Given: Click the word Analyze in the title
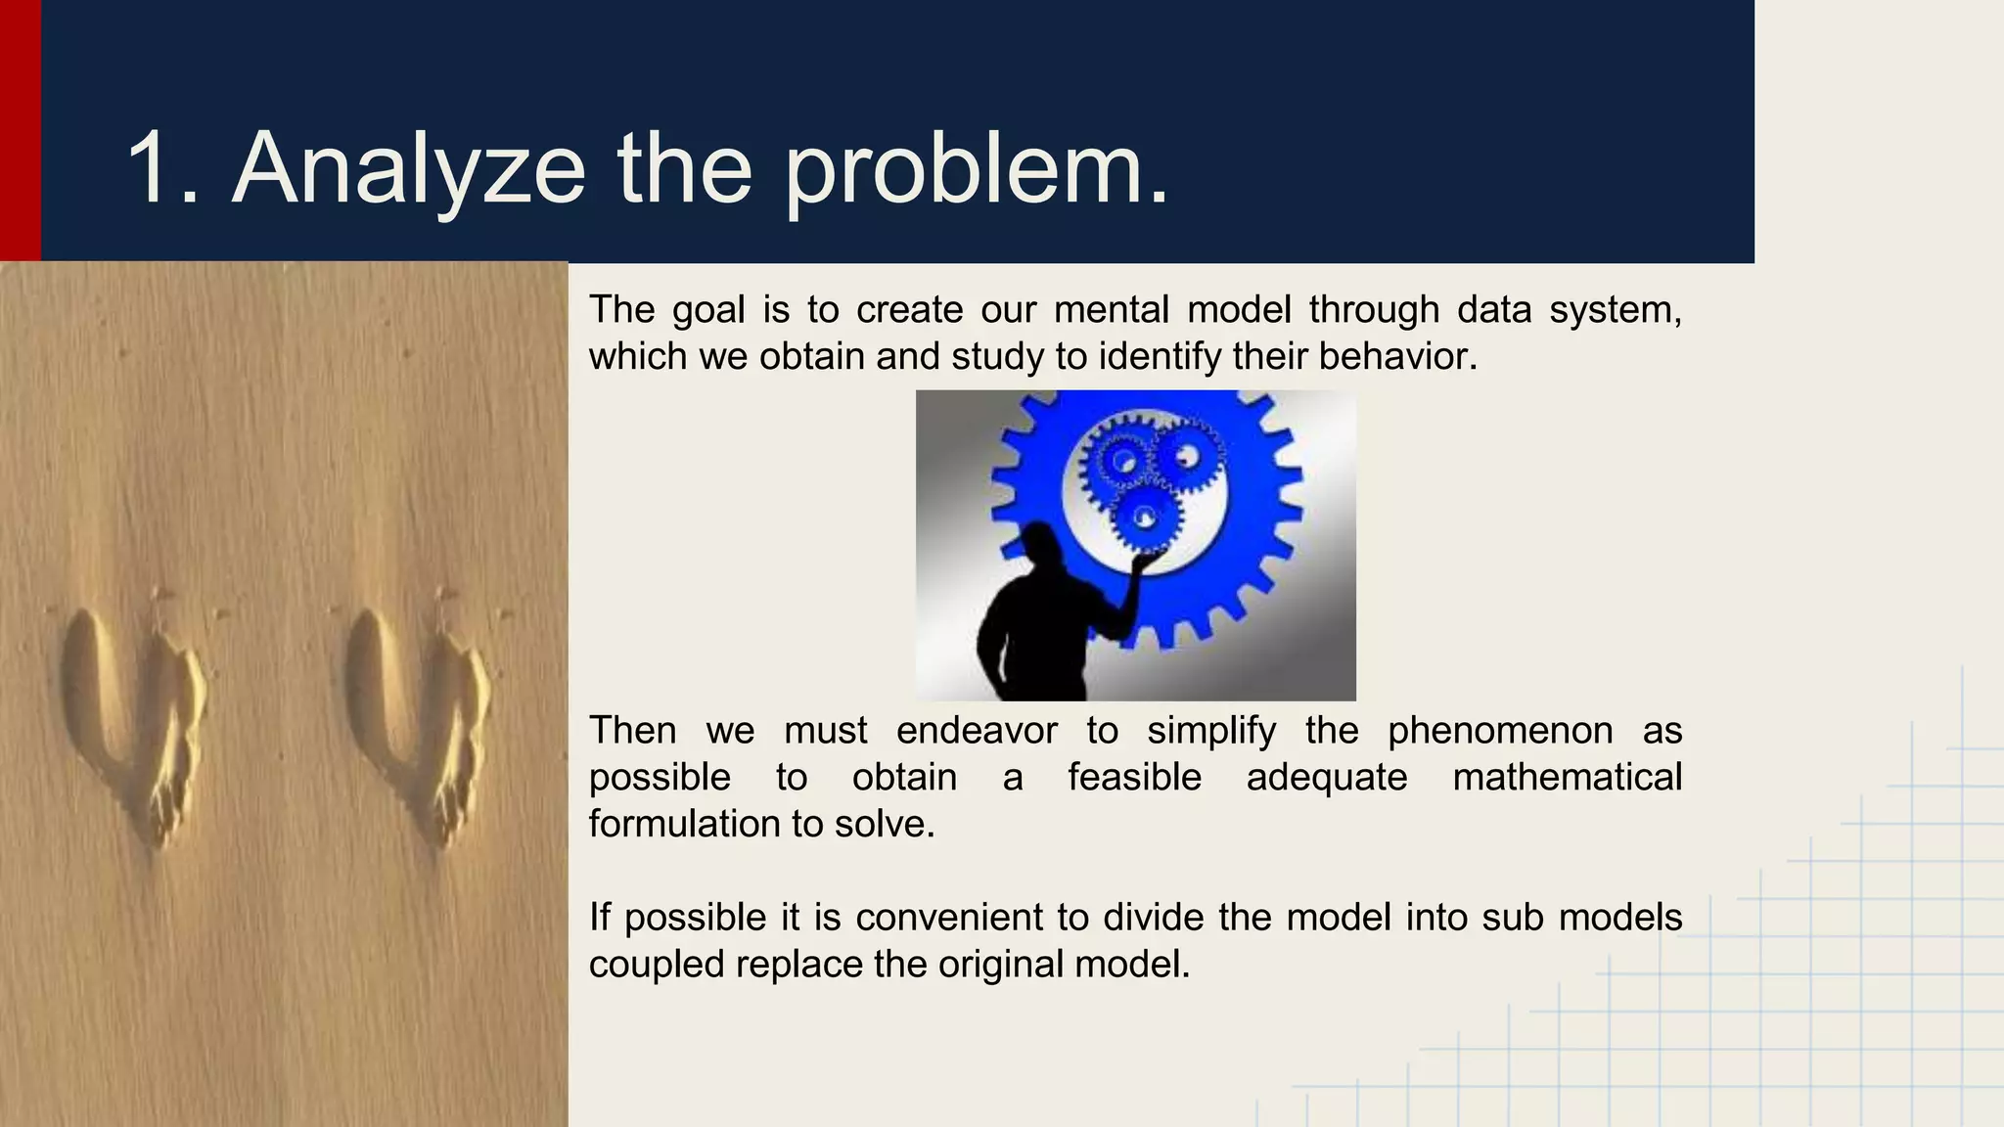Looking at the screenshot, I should pos(408,168).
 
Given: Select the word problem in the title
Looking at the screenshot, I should pos(976,168).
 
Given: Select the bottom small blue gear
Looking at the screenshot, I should pos(1143,519).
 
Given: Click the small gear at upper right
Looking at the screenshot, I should pos(1187,456).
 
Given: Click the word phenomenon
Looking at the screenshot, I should pos(1500,731).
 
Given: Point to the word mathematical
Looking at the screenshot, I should pos(1567,778).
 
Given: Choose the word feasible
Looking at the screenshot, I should pos(1134,778).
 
